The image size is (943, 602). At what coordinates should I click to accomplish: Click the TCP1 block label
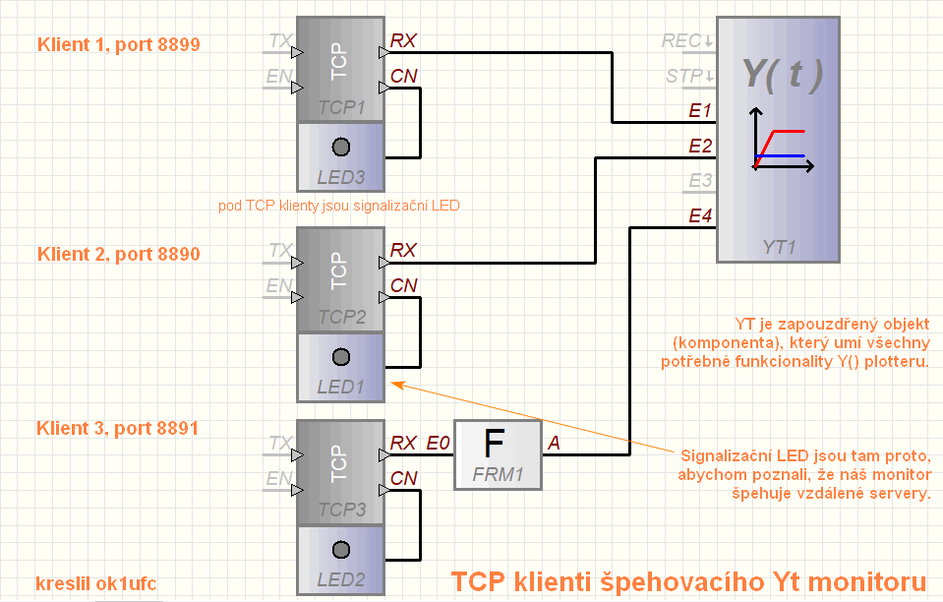point(341,106)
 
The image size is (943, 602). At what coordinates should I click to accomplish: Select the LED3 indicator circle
point(341,148)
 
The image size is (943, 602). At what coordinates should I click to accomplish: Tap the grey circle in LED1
point(341,356)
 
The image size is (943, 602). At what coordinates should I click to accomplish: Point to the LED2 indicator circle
point(341,549)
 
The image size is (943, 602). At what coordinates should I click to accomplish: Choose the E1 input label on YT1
point(700,111)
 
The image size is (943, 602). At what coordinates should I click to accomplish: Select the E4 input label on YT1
point(700,215)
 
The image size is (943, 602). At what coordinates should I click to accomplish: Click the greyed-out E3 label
point(700,181)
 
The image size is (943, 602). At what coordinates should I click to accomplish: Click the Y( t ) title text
point(782,72)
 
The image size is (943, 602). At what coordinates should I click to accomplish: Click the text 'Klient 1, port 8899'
point(118,44)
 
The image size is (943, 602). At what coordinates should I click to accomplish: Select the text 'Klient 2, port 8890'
point(118,254)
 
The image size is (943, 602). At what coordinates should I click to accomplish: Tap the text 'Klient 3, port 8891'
point(118,428)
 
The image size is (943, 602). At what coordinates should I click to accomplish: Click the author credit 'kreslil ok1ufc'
point(96,581)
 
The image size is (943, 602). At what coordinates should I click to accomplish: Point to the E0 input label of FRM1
point(438,443)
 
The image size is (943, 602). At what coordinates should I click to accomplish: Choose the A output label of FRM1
point(554,443)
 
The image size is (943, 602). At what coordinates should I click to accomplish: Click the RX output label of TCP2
point(403,251)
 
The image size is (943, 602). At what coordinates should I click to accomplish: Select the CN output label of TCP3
point(403,478)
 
